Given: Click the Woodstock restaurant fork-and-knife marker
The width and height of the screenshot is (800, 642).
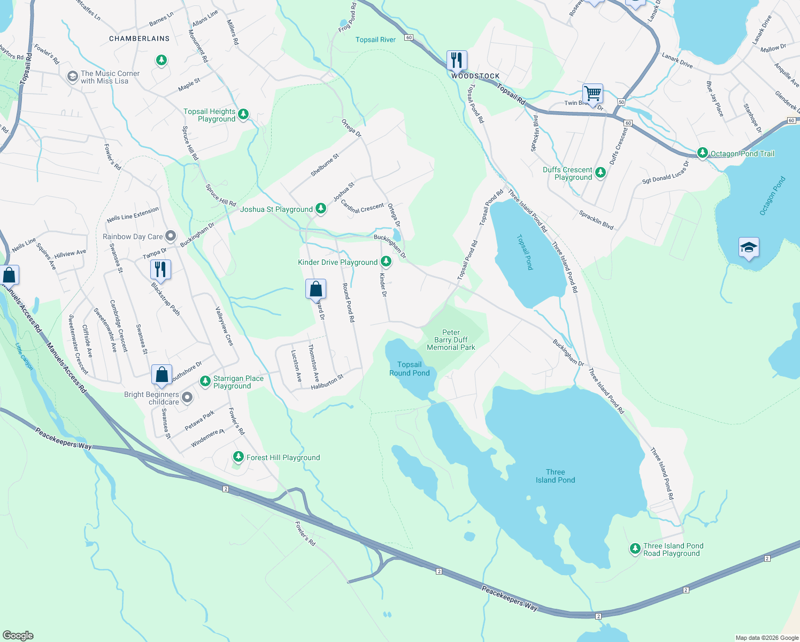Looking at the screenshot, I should point(457,60).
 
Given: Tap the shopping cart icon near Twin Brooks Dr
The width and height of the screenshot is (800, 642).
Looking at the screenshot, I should point(593,94).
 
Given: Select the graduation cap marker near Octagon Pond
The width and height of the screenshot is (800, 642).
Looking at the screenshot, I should point(748,248).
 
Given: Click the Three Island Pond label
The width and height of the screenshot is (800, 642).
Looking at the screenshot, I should point(555,476).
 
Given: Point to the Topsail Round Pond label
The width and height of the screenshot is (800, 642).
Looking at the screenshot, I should point(409,369).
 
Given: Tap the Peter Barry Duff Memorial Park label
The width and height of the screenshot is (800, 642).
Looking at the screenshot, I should point(451,340).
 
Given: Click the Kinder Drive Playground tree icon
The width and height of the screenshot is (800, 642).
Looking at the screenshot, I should point(386,262).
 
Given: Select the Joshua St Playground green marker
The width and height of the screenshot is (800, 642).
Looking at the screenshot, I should point(321,209).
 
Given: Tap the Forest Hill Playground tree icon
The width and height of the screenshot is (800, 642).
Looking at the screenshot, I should point(239,457).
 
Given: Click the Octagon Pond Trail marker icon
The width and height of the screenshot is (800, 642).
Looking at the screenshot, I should point(703,153).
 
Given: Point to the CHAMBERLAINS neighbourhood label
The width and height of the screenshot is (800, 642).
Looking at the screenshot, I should point(139,39).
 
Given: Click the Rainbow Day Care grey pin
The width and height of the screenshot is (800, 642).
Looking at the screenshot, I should point(171,235).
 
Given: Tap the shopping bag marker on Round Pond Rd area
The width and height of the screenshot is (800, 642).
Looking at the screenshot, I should point(316,289).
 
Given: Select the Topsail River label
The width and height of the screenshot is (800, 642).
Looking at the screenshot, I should point(375,40).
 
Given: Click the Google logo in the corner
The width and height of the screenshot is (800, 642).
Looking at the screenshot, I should point(18,636).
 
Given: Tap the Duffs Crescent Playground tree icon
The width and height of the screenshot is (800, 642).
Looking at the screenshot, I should point(601,172).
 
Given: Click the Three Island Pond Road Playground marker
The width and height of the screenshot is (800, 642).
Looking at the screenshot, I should point(635,548).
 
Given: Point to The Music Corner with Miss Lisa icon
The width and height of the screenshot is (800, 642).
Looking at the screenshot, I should point(72,77).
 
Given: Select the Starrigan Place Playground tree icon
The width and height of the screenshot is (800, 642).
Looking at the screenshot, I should point(205,381).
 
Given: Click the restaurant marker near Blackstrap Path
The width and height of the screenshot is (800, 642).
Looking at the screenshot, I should point(160,269).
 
